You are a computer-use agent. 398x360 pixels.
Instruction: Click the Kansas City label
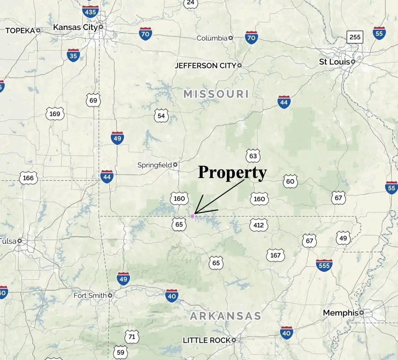(75, 27)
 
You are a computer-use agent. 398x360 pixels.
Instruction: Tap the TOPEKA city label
(20, 31)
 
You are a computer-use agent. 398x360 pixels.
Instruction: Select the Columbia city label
(212, 38)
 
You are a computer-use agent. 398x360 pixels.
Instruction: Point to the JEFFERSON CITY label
(205, 66)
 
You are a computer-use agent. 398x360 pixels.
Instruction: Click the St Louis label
(334, 62)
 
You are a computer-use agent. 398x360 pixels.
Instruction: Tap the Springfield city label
(155, 165)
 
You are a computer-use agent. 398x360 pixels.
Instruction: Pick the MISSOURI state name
(216, 94)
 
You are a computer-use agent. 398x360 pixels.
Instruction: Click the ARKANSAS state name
(226, 316)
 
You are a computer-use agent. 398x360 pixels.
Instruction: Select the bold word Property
(232, 172)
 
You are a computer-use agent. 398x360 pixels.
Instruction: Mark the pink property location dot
(192, 216)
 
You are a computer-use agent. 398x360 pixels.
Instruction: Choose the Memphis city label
(341, 313)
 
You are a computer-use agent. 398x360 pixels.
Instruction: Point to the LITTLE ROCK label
(207, 340)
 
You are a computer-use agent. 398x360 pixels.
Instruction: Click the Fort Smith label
(90, 295)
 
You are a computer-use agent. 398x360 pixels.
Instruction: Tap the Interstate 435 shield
(90, 12)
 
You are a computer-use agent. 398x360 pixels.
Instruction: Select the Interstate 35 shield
(73, 55)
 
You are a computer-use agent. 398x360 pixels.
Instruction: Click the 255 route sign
(355, 37)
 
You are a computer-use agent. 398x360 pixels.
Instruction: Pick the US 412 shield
(258, 225)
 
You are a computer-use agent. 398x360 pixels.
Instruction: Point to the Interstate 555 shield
(324, 266)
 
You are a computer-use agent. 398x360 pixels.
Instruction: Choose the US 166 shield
(28, 178)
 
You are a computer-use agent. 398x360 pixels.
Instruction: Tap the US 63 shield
(253, 156)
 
